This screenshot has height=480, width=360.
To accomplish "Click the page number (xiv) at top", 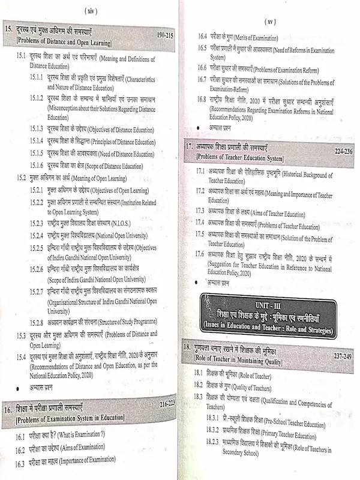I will click(x=92, y=10).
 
